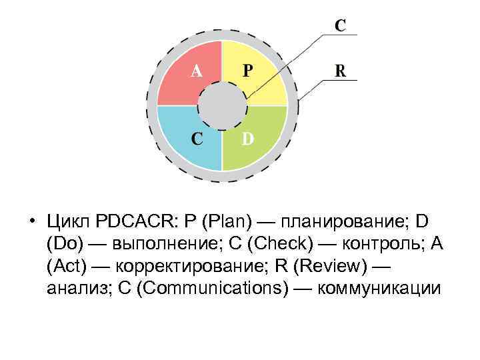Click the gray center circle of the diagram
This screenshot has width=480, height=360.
[222, 106]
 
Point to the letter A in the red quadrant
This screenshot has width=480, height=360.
[197, 71]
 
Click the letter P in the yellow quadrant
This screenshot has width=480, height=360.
[247, 71]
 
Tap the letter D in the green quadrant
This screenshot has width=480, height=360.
[247, 139]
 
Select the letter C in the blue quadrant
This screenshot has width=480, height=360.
[197, 139]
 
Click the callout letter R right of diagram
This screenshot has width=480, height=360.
[340, 71]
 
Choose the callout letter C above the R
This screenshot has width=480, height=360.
[340, 25]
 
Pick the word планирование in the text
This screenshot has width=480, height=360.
[339, 221]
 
